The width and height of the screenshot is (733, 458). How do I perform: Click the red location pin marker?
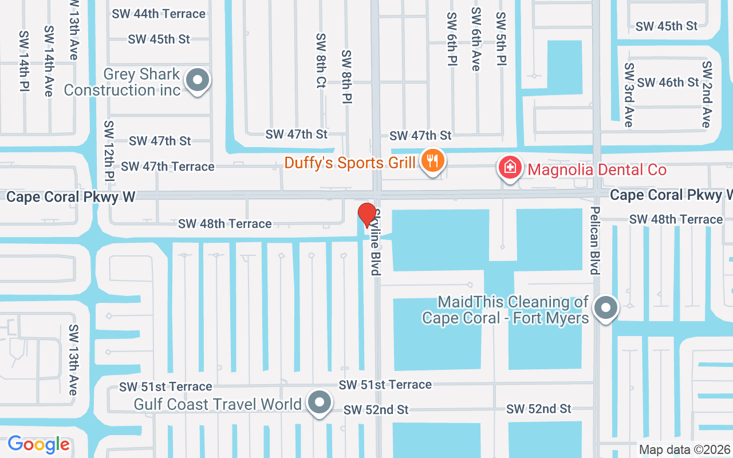367,215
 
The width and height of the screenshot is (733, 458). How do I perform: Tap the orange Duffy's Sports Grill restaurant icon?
433,161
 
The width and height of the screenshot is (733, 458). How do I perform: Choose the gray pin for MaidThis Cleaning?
606,308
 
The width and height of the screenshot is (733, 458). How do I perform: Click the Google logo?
38,444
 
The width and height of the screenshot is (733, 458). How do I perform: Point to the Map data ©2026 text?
685,449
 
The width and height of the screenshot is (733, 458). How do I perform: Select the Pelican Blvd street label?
595,240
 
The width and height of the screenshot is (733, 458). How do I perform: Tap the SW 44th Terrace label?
159,14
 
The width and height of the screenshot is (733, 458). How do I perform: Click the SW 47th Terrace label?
168,167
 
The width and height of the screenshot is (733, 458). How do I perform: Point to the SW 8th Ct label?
321,61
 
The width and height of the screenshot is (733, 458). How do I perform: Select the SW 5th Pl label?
501,39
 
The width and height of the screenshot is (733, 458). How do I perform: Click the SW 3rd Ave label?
629,95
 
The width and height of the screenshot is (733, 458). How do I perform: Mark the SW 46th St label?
668,82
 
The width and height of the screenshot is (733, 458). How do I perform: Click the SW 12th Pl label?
109,150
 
